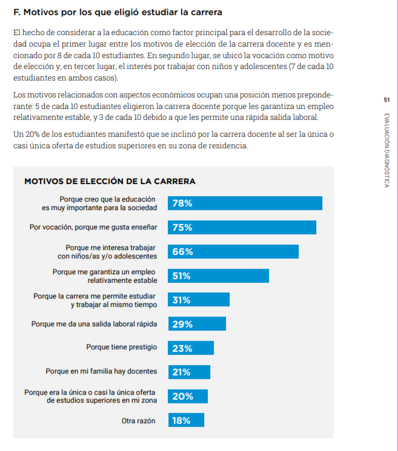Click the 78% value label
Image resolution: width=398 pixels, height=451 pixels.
(182, 203)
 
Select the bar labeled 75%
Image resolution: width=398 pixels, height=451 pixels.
(242, 228)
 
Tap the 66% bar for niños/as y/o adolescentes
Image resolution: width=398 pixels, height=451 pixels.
(233, 252)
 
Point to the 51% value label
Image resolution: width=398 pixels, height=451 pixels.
(182, 276)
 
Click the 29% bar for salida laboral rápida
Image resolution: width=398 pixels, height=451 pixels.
(197, 324)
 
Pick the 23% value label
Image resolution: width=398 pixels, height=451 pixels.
(182, 348)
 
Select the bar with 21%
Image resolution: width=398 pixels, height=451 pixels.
(189, 372)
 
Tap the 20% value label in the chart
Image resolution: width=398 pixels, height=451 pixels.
(182, 397)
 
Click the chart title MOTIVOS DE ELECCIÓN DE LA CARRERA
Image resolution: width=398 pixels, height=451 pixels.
(109, 181)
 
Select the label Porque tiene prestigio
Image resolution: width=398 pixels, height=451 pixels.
(122, 347)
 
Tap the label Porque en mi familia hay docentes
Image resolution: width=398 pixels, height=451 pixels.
(101, 372)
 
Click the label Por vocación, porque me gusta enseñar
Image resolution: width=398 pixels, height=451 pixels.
(93, 228)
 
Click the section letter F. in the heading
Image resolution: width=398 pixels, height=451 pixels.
(17, 12)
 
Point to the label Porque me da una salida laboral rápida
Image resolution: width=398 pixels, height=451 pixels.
(94, 324)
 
